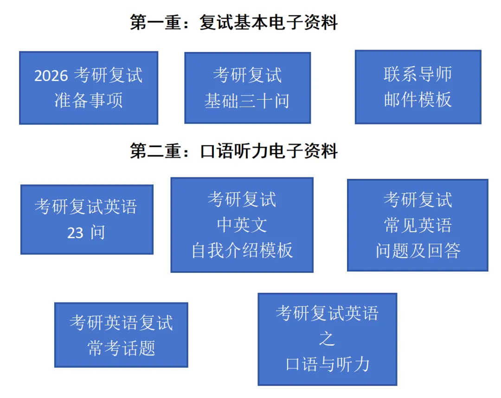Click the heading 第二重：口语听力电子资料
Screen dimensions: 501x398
point(234,152)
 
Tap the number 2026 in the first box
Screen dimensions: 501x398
point(51,76)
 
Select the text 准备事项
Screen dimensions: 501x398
point(88,100)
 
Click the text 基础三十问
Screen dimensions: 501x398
point(247,100)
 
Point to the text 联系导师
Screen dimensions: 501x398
point(417,75)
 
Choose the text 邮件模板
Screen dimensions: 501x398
point(417,100)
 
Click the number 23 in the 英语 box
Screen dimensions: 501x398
point(75,233)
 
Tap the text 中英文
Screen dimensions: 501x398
point(242,225)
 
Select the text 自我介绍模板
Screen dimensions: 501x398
point(242,250)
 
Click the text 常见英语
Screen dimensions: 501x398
point(417,225)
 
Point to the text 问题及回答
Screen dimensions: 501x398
point(417,250)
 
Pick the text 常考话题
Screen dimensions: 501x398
point(121,347)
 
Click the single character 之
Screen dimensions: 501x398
point(327,339)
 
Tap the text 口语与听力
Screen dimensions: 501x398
point(327,364)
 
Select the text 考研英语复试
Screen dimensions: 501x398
point(121,322)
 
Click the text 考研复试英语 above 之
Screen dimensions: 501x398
point(327,314)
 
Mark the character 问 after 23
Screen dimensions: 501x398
point(97,233)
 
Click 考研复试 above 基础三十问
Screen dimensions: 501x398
point(247,75)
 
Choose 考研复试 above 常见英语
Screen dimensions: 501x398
point(417,200)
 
